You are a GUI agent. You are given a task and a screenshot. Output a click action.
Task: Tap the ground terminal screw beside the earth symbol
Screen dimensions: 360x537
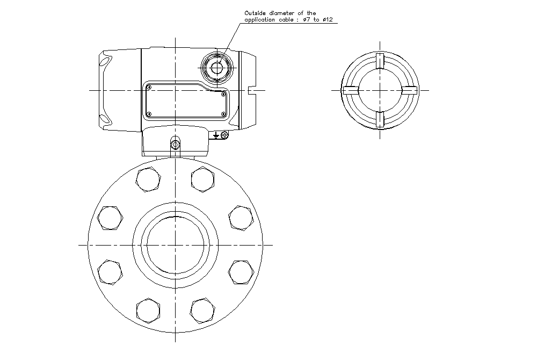coord(224,134)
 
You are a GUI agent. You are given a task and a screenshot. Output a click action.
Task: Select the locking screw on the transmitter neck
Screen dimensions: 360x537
coord(175,143)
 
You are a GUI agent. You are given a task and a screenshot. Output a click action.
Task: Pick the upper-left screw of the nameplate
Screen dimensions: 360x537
coord(149,87)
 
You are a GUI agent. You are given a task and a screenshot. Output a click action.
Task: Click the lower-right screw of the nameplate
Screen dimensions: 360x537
coord(223,113)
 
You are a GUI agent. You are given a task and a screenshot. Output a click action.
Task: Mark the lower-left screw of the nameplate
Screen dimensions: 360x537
coord(149,113)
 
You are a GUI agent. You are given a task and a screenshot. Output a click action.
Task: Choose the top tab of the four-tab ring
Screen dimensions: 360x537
coord(380,61)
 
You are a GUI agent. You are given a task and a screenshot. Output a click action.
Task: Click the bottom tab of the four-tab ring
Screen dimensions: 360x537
coord(380,120)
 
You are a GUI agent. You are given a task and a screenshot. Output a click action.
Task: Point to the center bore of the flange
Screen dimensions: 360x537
coord(175,245)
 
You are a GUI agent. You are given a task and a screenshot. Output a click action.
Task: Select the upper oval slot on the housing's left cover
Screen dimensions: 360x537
coord(105,63)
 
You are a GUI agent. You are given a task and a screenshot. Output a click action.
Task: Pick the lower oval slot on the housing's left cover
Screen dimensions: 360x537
coord(105,118)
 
